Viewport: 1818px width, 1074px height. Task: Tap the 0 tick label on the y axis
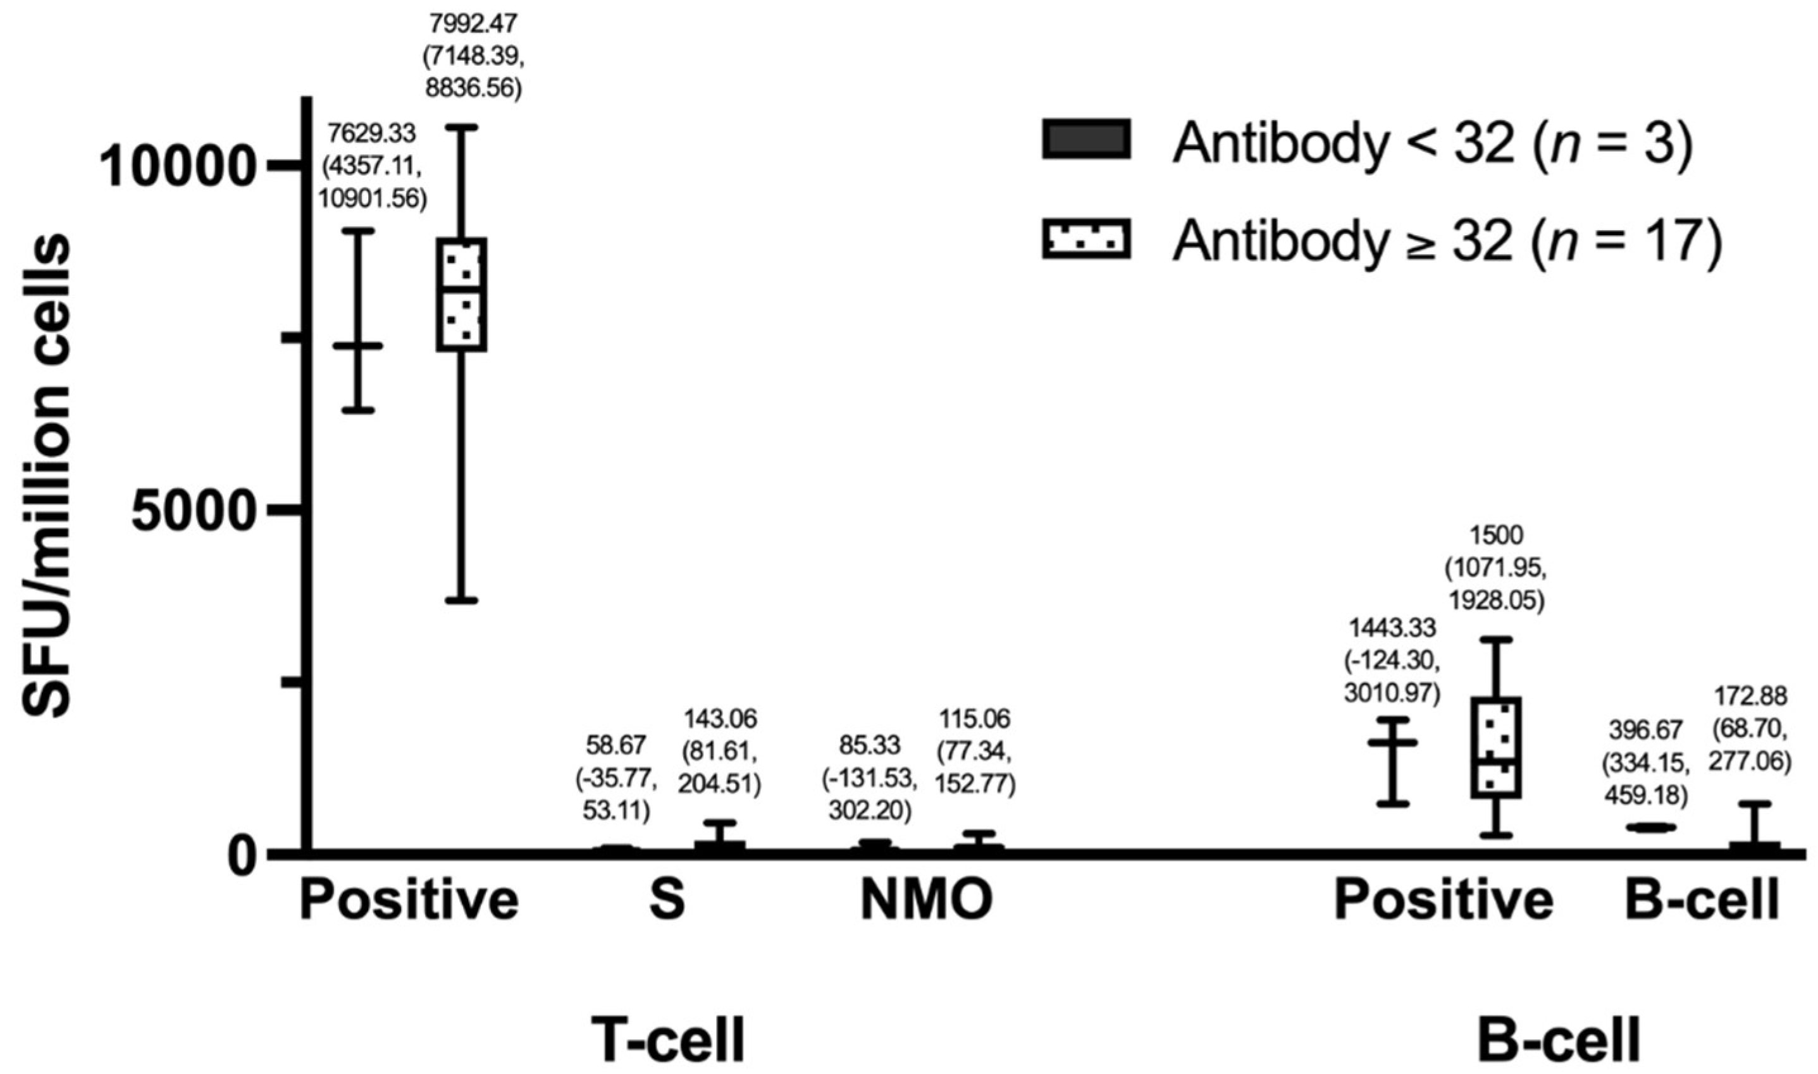pos(240,855)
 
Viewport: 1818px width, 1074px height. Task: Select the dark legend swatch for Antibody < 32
pos(1085,138)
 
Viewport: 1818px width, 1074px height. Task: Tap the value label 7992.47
pos(474,25)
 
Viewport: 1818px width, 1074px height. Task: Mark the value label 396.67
pos(1646,729)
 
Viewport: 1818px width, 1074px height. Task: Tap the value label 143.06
pos(719,719)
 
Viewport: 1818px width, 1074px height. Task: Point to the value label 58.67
pos(616,745)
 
